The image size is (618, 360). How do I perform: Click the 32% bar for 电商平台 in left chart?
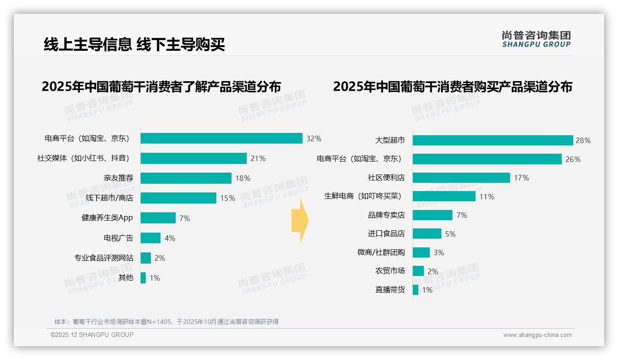point(221,138)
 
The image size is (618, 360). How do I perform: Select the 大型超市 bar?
point(493,140)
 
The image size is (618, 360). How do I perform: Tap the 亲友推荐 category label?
point(118,178)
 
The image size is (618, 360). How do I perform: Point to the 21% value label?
point(258,158)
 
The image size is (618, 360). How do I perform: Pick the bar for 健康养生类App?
point(158,218)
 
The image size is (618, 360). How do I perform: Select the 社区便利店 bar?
point(461,178)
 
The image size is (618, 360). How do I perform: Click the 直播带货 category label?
point(390,290)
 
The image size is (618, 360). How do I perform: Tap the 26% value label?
point(573,159)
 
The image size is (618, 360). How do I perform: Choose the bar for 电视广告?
point(150,238)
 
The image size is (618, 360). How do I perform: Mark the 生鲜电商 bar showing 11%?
point(444,196)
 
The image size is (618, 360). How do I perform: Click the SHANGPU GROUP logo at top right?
point(536,39)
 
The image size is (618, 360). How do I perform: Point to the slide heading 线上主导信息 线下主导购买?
point(134,45)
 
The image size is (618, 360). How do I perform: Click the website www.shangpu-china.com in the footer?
point(537,335)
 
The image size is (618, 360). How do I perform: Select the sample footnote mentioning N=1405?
point(166,322)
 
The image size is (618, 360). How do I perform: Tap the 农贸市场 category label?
point(390,271)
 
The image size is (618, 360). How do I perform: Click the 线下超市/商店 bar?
point(178,198)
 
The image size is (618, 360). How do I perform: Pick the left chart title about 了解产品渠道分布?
point(161,87)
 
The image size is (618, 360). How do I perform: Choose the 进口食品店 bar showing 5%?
point(427,234)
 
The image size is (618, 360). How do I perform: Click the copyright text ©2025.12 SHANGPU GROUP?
point(92,335)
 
